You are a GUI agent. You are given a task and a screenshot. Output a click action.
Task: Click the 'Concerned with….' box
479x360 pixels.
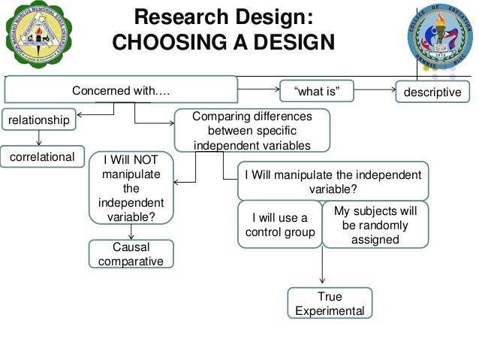[120, 91]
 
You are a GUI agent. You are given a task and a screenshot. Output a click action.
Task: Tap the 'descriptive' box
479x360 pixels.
[432, 92]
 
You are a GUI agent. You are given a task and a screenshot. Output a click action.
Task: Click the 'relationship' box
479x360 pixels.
[39, 119]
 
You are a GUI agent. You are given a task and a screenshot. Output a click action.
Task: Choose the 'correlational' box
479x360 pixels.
[42, 157]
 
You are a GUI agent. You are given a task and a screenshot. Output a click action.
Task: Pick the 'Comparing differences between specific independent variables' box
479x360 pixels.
[252, 131]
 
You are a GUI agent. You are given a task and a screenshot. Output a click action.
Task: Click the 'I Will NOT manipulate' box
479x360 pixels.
[131, 189]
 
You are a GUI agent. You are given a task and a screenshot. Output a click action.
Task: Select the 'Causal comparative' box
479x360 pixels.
[131, 254]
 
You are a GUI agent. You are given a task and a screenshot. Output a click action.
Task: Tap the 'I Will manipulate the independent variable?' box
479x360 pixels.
[333, 181]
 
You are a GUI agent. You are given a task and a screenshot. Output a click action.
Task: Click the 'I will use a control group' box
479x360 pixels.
[279, 225]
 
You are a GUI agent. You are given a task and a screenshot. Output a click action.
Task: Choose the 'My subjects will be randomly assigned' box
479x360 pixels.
[375, 225]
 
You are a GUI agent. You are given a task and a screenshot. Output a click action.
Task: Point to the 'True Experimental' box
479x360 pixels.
[330, 304]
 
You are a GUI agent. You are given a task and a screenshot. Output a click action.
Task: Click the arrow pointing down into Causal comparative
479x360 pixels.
[131, 233]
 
